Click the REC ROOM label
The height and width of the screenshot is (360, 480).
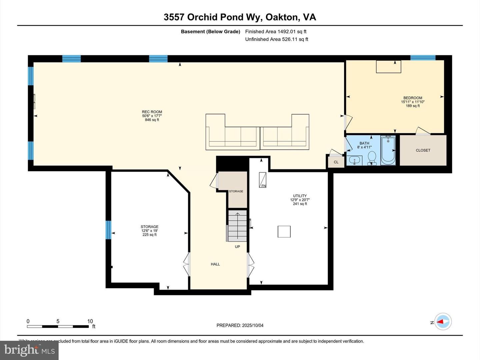pos(152,112)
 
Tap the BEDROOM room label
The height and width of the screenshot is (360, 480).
pos(413,98)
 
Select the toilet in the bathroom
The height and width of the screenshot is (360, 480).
pos(371,158)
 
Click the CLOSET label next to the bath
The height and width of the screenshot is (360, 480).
pos(423,150)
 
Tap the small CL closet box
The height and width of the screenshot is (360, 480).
pos(336,162)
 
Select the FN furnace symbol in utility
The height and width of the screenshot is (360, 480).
pos(263,180)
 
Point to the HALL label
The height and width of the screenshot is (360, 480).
pos(215,264)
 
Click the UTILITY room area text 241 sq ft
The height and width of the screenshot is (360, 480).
pos(300,204)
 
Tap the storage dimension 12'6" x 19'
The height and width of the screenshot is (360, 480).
pos(149,231)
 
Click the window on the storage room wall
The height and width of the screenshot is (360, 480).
pos(108,230)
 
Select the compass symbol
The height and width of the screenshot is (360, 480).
pos(443,322)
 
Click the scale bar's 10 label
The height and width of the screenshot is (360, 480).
pos(90,321)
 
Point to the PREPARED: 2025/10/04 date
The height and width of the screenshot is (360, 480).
pos(240,325)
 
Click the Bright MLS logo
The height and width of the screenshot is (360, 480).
pos(29,350)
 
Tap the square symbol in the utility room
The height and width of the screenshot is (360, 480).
pos(284,232)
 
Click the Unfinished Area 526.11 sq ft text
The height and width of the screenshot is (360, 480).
pos(276,39)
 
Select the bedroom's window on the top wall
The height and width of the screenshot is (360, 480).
pos(423,58)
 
